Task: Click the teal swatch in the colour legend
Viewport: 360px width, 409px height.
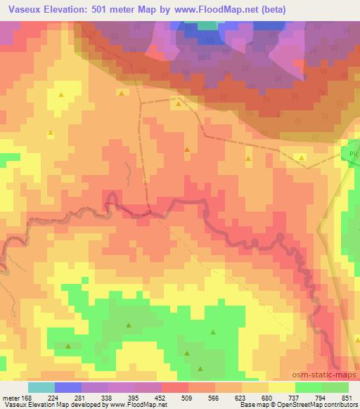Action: click(41, 387)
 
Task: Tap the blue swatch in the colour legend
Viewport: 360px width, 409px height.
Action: click(68, 387)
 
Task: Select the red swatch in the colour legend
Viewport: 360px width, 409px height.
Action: click(175, 387)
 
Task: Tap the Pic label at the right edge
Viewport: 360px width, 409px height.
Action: click(354, 152)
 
